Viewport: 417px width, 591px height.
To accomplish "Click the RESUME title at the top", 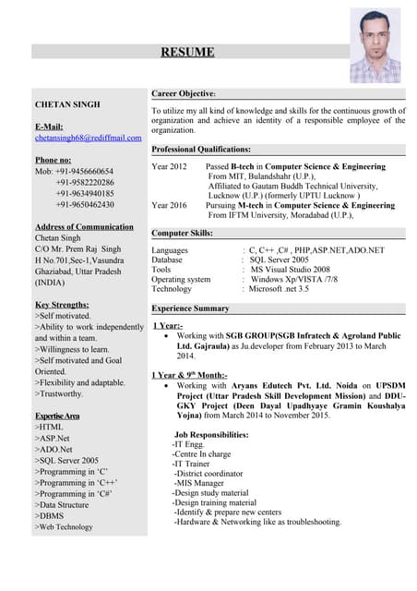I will pyautogui.click(x=187, y=53).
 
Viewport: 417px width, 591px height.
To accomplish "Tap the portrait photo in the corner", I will pyautogui.click(x=375, y=46).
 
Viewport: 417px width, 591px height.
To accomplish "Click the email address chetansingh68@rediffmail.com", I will pyautogui.click(x=88, y=138).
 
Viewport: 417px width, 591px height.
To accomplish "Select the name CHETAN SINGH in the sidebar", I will pyautogui.click(x=67, y=104).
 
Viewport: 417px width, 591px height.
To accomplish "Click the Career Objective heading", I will pyautogui.click(x=184, y=94).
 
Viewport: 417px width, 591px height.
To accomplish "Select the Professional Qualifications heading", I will pyautogui.click(x=201, y=149).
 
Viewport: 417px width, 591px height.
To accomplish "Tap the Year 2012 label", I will pyautogui.click(x=169, y=165).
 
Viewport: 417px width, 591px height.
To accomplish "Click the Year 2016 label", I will pyautogui.click(x=169, y=205).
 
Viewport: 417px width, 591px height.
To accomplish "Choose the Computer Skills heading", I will pyautogui.click(x=183, y=234).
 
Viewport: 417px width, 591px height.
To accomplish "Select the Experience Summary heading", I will pyautogui.click(x=190, y=308).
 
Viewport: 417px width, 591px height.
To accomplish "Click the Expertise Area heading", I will pyautogui.click(x=57, y=416).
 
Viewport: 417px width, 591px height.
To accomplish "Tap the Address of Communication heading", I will pyautogui.click(x=84, y=227).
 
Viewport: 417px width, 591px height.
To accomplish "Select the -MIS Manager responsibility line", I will pyautogui.click(x=198, y=482).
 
